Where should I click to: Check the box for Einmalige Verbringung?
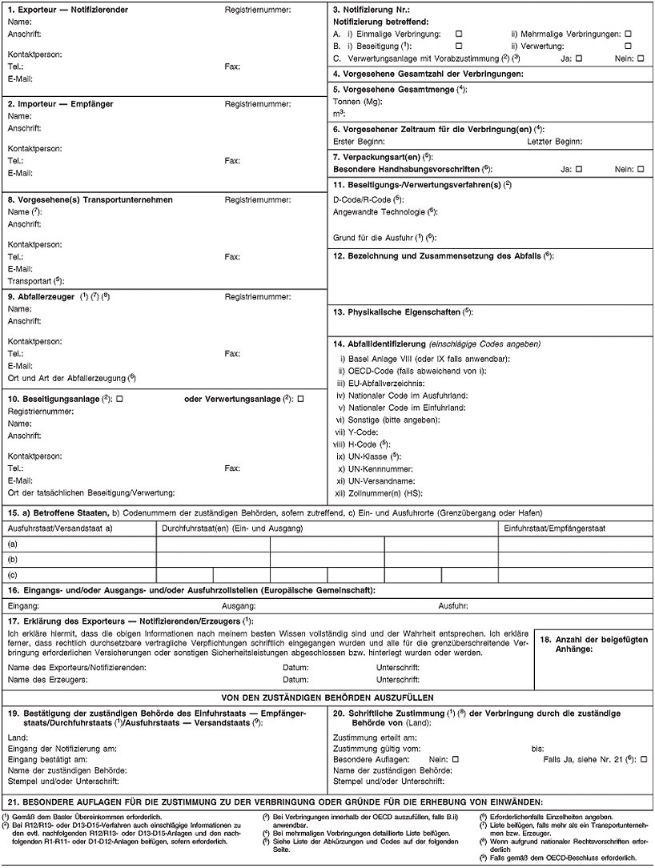pyautogui.click(x=459, y=34)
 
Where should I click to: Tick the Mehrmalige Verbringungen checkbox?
pyautogui.click(x=628, y=34)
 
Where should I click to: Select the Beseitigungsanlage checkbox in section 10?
pyautogui.click(x=119, y=399)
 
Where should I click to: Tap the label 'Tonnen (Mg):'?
pyautogui.click(x=357, y=102)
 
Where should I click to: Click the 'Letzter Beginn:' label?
pyautogui.click(x=555, y=140)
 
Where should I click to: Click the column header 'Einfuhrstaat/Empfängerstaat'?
pyautogui.click(x=553, y=528)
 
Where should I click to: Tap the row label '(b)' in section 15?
pyautogui.click(x=12, y=558)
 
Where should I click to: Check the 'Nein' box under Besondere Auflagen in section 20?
pyautogui.click(x=455, y=757)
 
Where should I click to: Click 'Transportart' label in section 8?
pyautogui.click(x=34, y=280)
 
